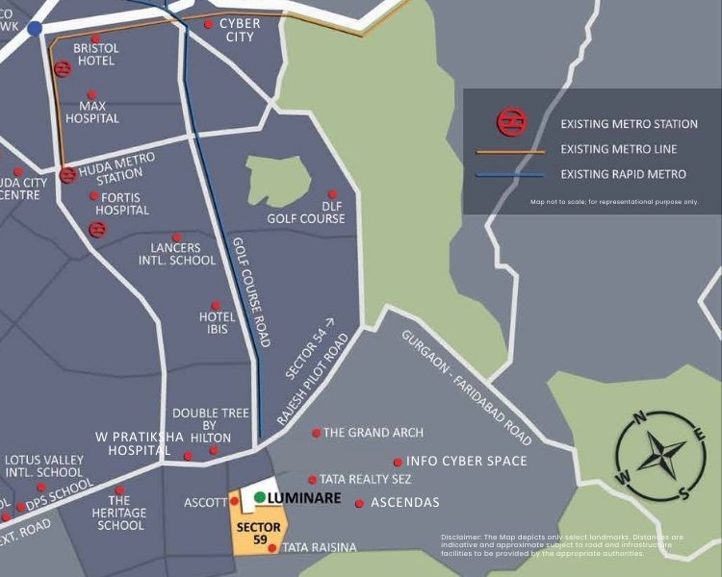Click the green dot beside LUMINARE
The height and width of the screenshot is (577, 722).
point(260,497)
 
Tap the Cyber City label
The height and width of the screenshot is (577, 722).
point(240,30)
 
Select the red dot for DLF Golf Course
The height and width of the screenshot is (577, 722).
point(333,194)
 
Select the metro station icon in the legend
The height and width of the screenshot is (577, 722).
point(510,123)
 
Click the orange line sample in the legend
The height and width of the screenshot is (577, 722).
point(510,151)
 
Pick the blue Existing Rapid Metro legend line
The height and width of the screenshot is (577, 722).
point(510,175)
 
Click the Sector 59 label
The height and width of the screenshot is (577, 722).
point(259,534)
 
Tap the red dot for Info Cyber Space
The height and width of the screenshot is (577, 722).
point(398,462)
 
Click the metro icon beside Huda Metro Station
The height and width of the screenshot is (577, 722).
point(67,175)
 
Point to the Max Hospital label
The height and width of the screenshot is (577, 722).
point(92,113)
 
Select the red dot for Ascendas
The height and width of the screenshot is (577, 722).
point(360,503)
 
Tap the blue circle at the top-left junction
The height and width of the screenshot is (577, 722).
point(36,29)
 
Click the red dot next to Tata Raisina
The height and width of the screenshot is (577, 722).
point(272,548)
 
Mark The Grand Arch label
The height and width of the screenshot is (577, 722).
point(373,433)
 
